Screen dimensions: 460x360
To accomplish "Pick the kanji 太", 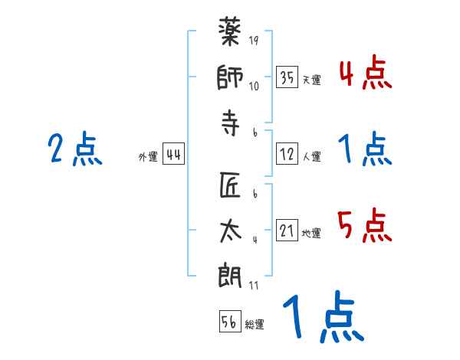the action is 231,231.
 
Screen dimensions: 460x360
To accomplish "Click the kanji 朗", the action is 231,275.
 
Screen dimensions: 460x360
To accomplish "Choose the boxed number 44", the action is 173,155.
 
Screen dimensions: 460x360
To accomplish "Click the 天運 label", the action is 311,80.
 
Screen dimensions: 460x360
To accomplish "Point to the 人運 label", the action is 311,156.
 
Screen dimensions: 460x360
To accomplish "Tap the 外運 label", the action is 147,157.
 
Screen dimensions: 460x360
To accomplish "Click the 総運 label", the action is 255,324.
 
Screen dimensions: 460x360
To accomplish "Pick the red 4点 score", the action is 365,74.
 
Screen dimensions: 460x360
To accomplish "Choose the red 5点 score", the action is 365,226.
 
